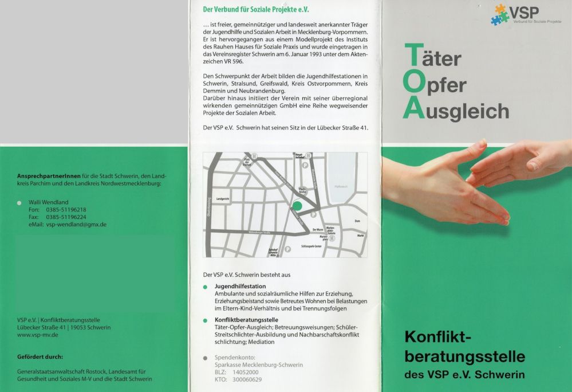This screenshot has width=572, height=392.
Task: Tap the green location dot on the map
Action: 297,206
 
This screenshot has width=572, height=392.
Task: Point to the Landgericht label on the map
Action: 223,198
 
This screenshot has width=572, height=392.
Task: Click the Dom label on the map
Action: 357,220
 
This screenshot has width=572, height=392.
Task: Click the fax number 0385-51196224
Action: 66,217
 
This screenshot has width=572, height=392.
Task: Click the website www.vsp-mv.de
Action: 38,335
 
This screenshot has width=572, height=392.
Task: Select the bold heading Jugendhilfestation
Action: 240,286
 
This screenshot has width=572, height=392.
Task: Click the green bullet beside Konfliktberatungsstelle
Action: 206,320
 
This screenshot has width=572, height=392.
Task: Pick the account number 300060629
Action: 246,379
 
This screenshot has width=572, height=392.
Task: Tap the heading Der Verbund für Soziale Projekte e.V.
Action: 256,9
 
